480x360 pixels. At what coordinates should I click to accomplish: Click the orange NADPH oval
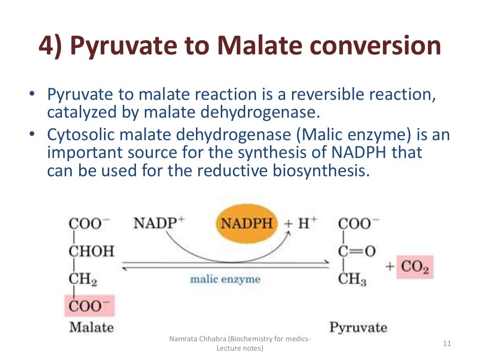[x=247, y=223]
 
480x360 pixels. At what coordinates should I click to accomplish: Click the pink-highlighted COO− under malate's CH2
[x=90, y=306]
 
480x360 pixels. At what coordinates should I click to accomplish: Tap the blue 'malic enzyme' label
[x=225, y=279]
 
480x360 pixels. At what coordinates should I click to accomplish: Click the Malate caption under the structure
[x=91, y=326]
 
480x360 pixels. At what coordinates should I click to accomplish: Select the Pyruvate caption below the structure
[x=359, y=327]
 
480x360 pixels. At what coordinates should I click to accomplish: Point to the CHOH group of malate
[x=91, y=251]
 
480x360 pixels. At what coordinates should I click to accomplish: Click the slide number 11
[x=447, y=344]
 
